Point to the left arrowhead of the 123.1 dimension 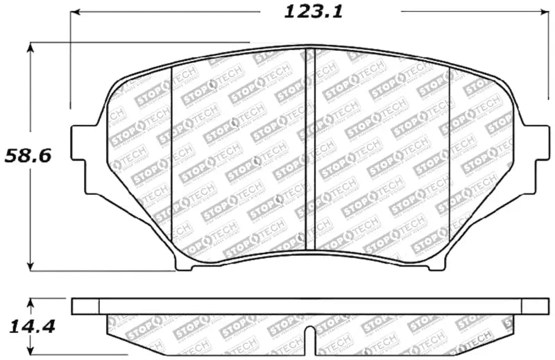(x=74, y=12)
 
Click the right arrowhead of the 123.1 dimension (x=543, y=12)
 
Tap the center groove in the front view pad (x=311, y=149)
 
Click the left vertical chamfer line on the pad (x=171, y=153)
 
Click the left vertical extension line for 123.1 (x=70, y=62)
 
